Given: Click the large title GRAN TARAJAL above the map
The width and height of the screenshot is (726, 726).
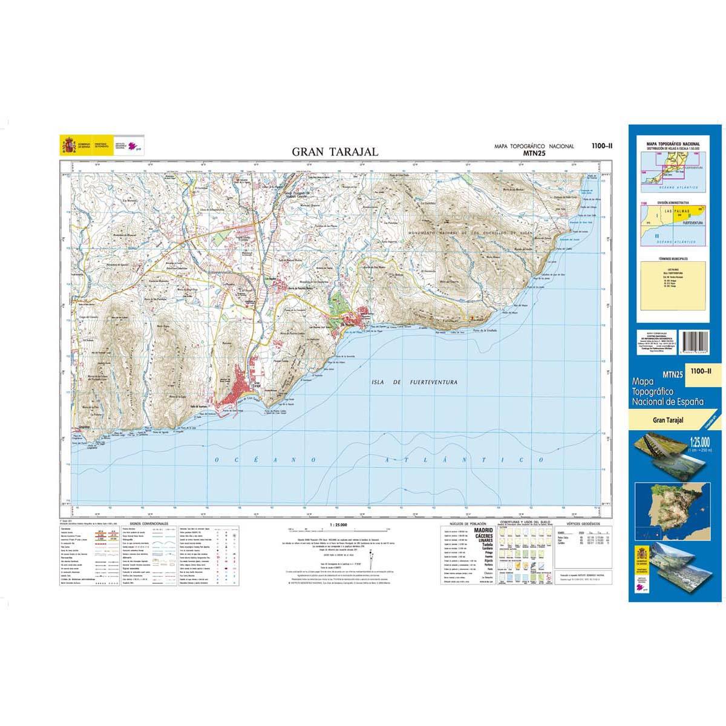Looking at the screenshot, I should pyautogui.click(x=335, y=152).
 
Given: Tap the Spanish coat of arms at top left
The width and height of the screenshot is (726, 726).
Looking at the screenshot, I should pyautogui.click(x=67, y=145).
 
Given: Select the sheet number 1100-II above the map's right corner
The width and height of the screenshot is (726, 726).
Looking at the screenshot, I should pyautogui.click(x=601, y=145).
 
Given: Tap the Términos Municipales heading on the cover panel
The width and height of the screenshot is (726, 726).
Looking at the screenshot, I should pyautogui.click(x=673, y=260).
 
